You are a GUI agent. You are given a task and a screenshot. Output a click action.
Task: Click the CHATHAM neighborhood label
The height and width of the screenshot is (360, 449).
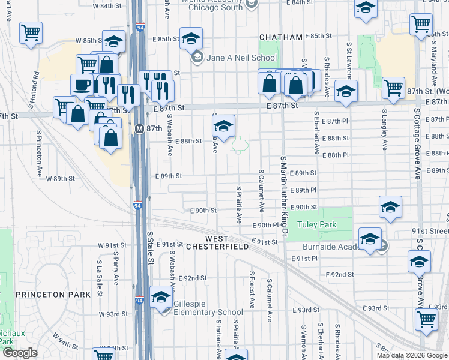tap(280, 37)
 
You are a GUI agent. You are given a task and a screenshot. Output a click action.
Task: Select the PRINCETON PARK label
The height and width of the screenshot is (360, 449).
tap(47, 294)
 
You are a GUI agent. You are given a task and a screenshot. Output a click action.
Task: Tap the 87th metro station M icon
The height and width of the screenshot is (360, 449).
tap(139, 128)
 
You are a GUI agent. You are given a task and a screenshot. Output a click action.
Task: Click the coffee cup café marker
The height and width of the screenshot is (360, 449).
tap(82, 85)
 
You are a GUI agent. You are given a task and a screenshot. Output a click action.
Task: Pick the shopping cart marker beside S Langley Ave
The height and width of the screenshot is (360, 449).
tap(393, 88)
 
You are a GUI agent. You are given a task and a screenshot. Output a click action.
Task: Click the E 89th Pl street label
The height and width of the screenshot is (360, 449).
tap(302, 190)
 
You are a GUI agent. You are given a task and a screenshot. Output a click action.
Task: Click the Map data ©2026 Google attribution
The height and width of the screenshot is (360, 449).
tap(411, 355)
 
